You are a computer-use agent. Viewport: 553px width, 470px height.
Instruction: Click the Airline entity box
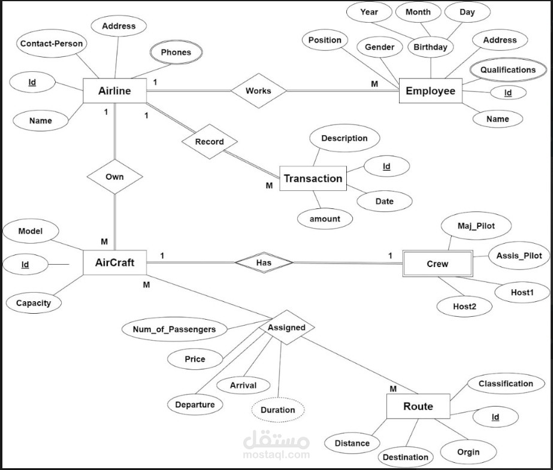114,92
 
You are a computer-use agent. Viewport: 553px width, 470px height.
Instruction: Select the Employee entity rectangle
430,91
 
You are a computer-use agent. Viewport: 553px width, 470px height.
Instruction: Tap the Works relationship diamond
258,91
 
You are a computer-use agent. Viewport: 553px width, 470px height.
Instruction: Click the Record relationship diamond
210,142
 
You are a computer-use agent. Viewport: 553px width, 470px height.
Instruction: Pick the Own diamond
114,177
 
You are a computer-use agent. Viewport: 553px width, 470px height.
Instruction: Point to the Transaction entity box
313,178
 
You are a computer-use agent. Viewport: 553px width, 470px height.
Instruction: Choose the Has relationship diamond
264,262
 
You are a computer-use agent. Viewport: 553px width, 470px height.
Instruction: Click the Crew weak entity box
437,263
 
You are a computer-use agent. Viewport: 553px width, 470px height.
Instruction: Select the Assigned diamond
286,328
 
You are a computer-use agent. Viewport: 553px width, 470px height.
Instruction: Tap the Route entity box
418,407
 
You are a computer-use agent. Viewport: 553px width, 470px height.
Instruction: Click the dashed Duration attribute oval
277,410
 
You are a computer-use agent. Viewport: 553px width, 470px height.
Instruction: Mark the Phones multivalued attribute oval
176,52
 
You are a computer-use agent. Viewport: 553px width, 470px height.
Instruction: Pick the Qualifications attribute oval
507,69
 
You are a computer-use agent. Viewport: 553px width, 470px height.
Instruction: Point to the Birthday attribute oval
430,47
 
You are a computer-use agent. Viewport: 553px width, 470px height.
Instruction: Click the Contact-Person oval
52,44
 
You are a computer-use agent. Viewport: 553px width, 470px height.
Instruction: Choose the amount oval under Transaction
325,219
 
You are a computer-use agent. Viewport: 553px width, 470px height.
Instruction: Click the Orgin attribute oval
468,451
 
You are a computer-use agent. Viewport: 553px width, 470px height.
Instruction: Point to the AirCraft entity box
114,262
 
